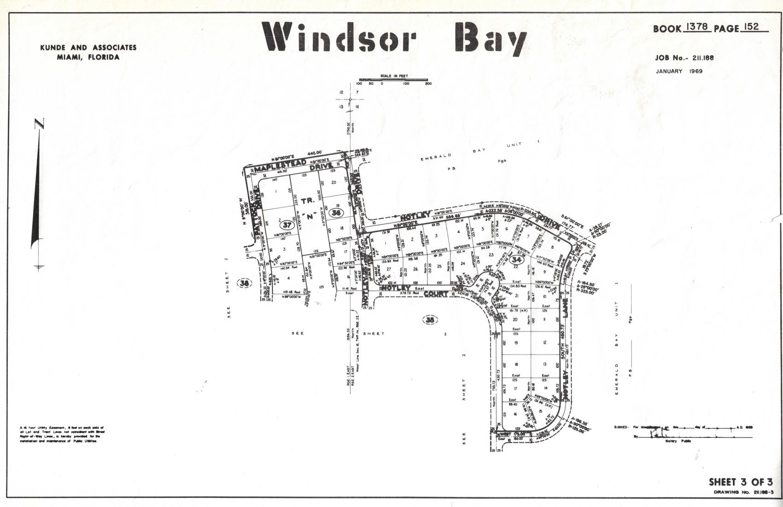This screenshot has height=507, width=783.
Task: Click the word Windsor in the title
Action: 339,37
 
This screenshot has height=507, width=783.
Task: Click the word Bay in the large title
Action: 491,37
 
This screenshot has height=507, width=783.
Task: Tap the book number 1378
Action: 697,27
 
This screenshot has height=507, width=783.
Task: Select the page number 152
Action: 751,27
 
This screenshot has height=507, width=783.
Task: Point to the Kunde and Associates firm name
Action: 88,47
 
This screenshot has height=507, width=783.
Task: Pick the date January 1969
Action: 679,71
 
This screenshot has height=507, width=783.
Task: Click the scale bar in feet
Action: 393,80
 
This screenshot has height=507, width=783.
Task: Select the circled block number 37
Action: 287,225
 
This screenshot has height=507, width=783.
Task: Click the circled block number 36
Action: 337,212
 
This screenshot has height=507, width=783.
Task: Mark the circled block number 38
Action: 245,283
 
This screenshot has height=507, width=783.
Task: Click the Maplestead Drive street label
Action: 295,166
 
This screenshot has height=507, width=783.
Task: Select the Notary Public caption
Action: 678,441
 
